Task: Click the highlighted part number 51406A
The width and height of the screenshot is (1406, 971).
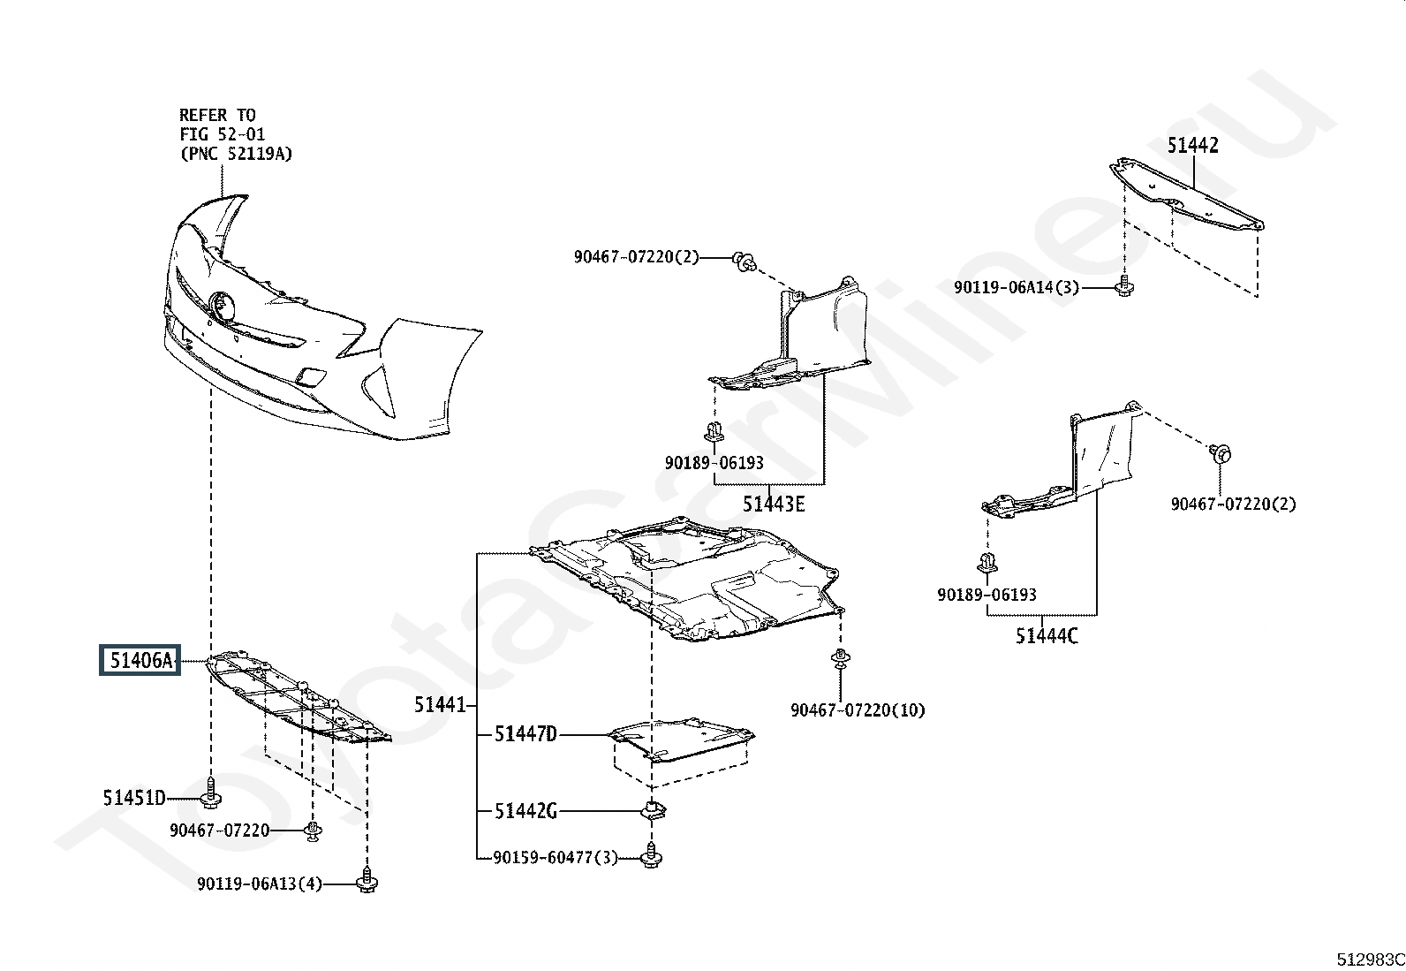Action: (x=140, y=660)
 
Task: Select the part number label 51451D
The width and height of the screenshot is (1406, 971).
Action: (x=134, y=799)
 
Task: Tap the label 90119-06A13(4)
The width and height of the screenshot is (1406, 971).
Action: (x=260, y=884)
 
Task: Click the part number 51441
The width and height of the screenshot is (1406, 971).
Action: (x=439, y=705)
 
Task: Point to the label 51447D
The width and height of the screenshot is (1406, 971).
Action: (x=525, y=734)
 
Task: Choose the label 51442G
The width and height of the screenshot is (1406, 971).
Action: (x=525, y=811)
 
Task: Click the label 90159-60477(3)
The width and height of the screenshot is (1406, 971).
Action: (x=556, y=857)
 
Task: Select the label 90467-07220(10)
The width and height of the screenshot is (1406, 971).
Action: (x=858, y=710)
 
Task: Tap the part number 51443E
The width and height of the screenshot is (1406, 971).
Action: (x=774, y=504)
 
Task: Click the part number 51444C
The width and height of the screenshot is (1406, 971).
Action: (x=1047, y=635)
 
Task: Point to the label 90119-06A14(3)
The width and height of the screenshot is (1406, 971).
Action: (x=1017, y=287)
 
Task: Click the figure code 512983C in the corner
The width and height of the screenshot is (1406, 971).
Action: (x=1370, y=960)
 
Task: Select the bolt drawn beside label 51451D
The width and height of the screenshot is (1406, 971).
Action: (x=211, y=793)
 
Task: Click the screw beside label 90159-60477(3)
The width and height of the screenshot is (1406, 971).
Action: (x=653, y=855)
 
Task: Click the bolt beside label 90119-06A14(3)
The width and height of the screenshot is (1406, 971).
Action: (x=1124, y=285)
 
